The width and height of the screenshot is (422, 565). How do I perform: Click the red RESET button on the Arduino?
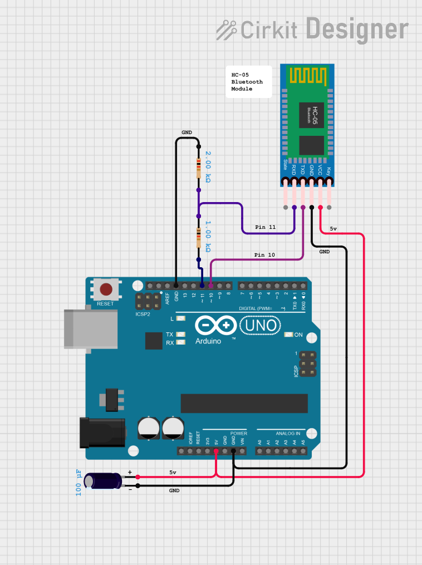tap(106, 289)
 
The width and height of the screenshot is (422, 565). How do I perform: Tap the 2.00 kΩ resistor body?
tap(198, 168)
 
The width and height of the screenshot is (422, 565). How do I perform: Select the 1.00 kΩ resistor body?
tap(198, 238)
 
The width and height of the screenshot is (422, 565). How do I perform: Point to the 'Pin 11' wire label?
tap(265, 227)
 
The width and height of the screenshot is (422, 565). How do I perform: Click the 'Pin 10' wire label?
tap(265, 255)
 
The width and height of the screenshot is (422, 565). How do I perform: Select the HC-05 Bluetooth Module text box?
tap(248, 82)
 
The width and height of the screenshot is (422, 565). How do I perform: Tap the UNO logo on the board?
tap(260, 325)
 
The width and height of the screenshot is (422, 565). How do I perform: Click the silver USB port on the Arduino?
tap(91, 328)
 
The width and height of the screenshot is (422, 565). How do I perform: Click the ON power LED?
tap(288, 335)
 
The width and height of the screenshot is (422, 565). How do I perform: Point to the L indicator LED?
tap(180, 319)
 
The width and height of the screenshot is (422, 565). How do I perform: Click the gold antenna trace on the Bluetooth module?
tap(306, 75)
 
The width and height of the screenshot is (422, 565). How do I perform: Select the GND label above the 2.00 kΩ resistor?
tap(187, 132)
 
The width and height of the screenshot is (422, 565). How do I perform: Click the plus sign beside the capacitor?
tap(130, 473)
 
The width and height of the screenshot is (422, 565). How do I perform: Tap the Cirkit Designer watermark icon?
tap(226, 29)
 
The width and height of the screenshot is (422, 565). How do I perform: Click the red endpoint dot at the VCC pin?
tap(320, 208)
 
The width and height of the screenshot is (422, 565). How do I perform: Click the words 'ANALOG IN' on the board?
tap(288, 433)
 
